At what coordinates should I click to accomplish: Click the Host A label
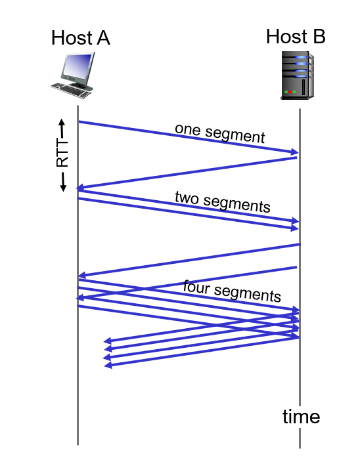(x=81, y=37)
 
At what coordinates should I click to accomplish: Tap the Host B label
(x=296, y=36)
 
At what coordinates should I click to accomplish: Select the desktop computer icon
(x=73, y=75)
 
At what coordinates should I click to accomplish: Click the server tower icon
(x=297, y=75)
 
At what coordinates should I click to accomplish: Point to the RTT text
(x=62, y=154)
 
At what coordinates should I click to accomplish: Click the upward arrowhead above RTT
(x=62, y=122)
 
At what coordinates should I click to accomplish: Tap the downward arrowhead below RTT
(x=63, y=187)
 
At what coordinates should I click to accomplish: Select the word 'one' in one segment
(x=188, y=129)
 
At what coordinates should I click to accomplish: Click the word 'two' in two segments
(x=187, y=198)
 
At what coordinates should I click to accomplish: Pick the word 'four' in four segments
(x=196, y=287)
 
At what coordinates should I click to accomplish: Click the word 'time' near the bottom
(x=301, y=417)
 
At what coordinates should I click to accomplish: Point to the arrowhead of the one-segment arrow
(x=294, y=152)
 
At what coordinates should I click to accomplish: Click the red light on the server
(x=290, y=92)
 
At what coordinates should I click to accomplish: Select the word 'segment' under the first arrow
(x=235, y=135)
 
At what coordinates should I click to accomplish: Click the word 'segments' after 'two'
(x=236, y=204)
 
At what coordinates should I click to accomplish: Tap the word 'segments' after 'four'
(x=248, y=293)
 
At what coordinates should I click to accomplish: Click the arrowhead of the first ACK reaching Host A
(x=80, y=188)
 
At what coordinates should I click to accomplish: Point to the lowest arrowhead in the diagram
(x=108, y=365)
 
